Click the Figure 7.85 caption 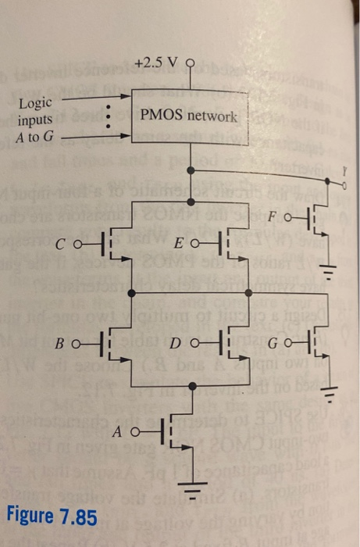(x=52, y=517)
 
